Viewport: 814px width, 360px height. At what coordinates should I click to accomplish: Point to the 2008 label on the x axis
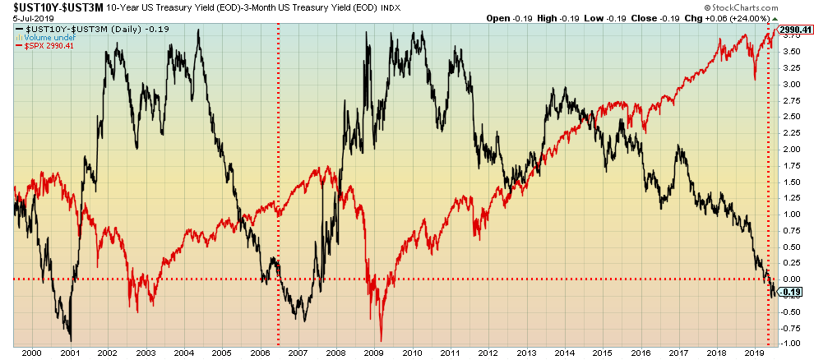tap(335, 353)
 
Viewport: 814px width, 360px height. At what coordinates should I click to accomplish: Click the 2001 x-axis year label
tap(69, 353)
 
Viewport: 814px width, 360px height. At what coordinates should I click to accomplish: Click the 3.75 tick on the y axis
tap(791, 51)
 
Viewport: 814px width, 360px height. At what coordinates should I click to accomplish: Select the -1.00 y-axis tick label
tap(790, 343)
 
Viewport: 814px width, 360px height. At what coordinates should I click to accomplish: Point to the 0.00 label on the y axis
tap(791, 279)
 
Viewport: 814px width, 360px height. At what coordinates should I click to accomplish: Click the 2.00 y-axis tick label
tap(791, 150)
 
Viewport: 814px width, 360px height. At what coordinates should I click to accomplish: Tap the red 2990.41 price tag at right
tap(796, 30)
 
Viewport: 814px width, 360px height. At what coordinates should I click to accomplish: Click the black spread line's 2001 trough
tap(71, 339)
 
